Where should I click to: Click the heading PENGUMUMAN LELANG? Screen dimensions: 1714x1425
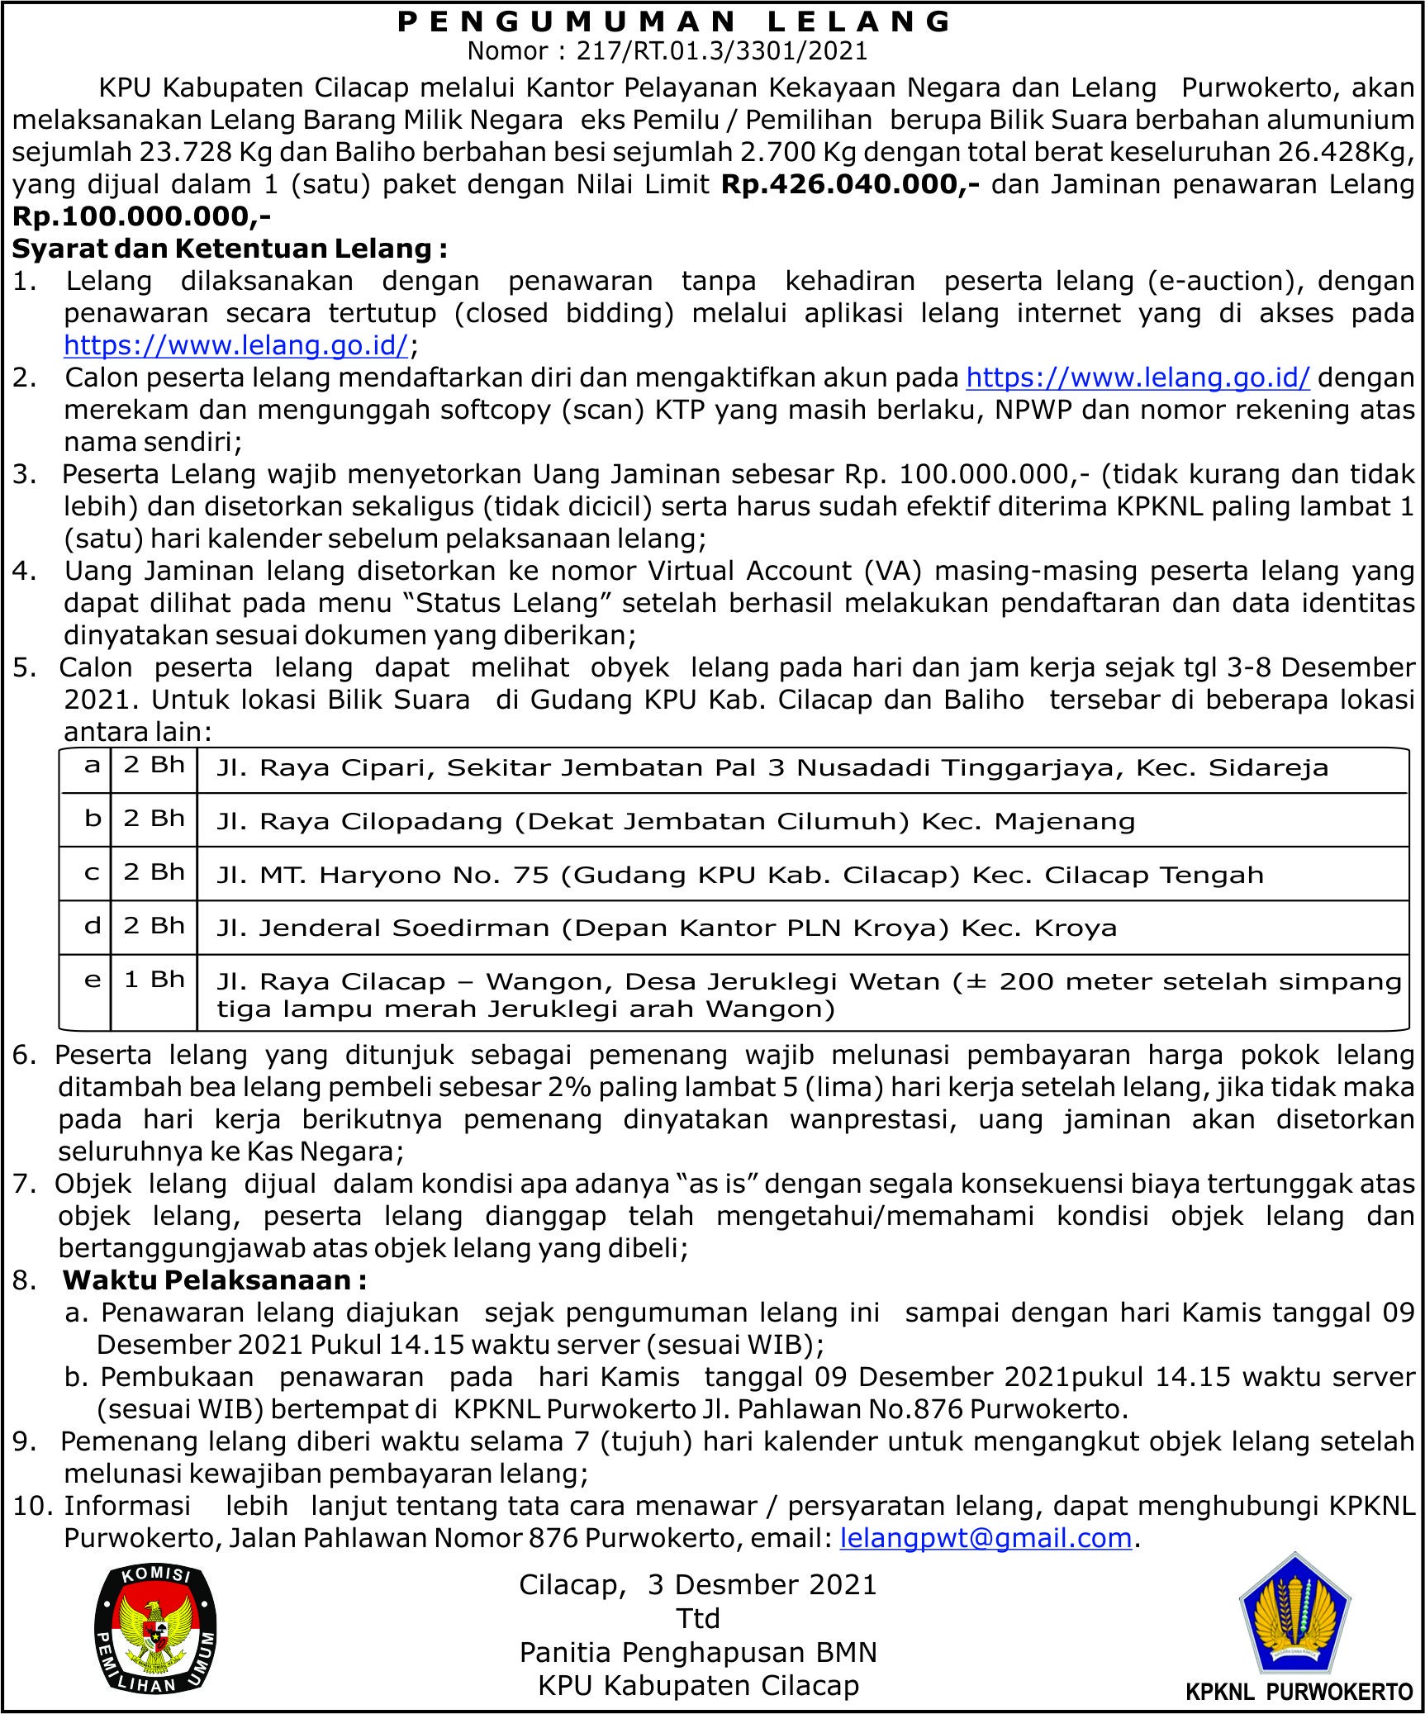point(674,21)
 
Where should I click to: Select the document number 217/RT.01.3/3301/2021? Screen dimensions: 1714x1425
point(722,52)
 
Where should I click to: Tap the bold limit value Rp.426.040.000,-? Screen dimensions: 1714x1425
point(850,184)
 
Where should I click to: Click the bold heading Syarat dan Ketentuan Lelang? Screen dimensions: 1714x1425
point(230,249)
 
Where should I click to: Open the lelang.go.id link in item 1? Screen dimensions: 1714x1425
point(236,345)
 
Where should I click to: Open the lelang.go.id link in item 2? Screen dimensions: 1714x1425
point(1138,377)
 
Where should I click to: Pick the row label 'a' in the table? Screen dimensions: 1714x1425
point(92,765)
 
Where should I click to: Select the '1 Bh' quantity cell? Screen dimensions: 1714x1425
point(154,979)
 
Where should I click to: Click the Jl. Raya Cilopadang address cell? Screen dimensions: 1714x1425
point(675,821)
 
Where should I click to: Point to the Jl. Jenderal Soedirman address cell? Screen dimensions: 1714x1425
point(666,928)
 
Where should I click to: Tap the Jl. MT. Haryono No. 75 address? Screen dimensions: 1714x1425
point(739,875)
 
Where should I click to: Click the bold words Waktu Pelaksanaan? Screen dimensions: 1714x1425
point(215,1280)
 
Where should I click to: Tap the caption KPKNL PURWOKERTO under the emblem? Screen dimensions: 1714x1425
point(1299,1692)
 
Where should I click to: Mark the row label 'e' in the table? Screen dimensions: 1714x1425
point(92,980)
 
